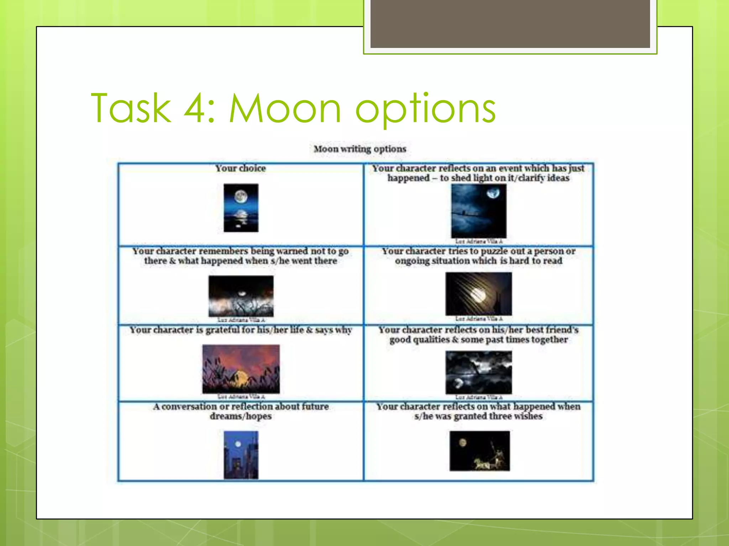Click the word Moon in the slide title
pyautogui.click(x=285, y=108)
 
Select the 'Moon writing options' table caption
pyautogui.click(x=360, y=149)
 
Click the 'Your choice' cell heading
pyautogui.click(x=241, y=168)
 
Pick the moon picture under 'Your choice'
pyautogui.click(x=241, y=208)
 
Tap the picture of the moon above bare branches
pyautogui.click(x=241, y=296)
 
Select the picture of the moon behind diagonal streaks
pyautogui.click(x=478, y=294)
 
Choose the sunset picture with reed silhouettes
pyautogui.click(x=241, y=369)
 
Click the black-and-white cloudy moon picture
pyautogui.click(x=478, y=372)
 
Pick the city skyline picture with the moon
pyautogui.click(x=241, y=455)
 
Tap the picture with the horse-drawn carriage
pyautogui.click(x=479, y=451)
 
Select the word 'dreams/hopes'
pyautogui.click(x=241, y=416)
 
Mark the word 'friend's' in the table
pyautogui.click(x=562, y=330)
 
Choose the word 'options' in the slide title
pyautogui.click(x=425, y=108)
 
